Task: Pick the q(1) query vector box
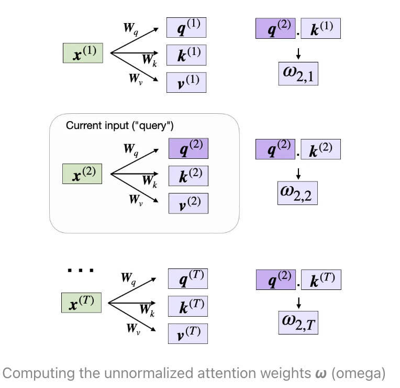[x=186, y=27]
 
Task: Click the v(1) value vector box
[x=186, y=82]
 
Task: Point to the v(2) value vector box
[x=188, y=203]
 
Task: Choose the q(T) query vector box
[x=187, y=278]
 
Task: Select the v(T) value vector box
[x=187, y=333]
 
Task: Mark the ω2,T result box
[x=298, y=321]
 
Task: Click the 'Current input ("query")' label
[x=120, y=126]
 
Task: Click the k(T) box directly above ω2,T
[x=321, y=280]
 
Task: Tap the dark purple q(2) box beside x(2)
[x=188, y=148]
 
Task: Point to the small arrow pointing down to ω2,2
[x=298, y=173]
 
